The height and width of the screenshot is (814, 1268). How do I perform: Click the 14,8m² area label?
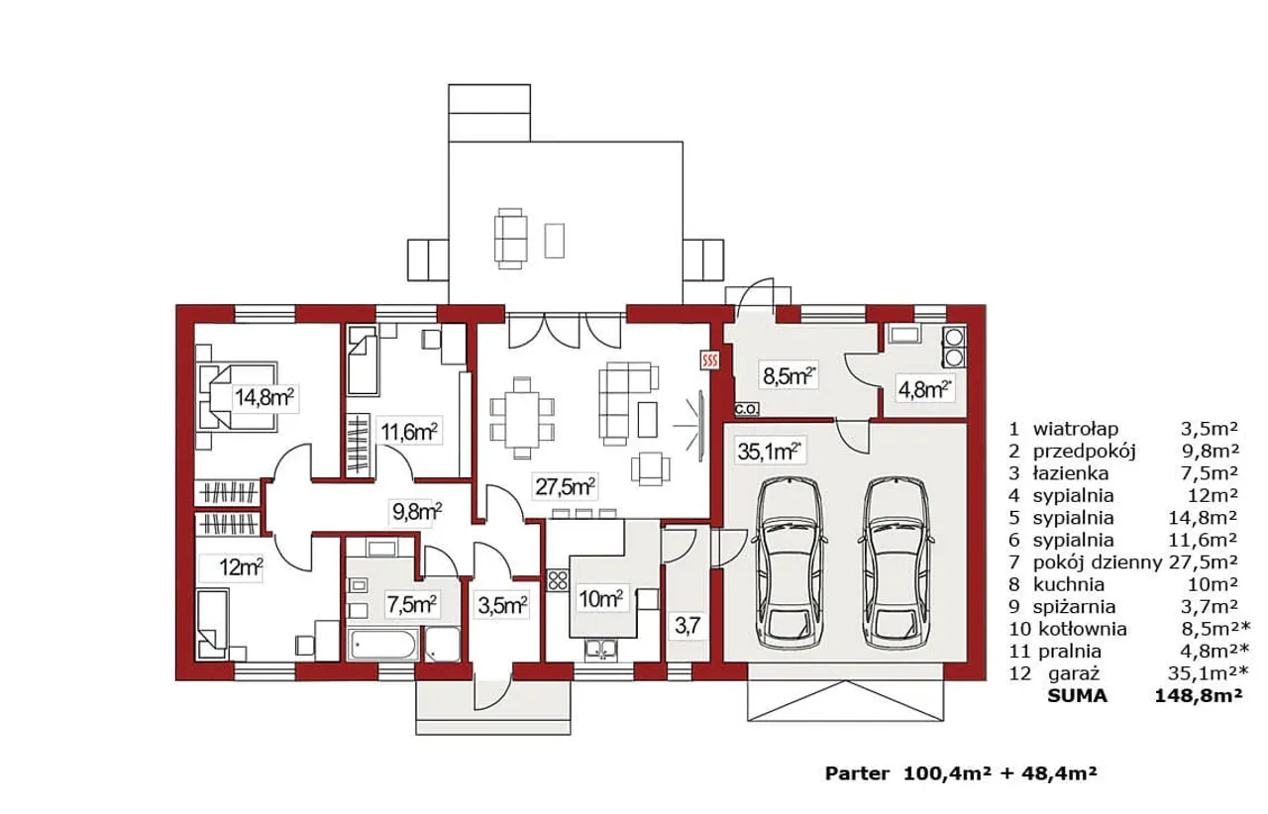tap(264, 397)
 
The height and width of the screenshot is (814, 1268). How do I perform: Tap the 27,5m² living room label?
tap(565, 486)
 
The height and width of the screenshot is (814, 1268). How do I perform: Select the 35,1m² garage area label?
tap(769, 452)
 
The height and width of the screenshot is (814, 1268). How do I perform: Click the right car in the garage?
tap(897, 563)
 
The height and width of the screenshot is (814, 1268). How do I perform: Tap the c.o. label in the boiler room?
tap(746, 408)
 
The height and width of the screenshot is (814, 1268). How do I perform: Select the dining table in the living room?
tap(521, 417)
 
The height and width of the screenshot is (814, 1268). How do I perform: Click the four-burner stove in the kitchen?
tap(558, 580)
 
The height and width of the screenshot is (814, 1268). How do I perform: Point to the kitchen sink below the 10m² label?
tap(601, 650)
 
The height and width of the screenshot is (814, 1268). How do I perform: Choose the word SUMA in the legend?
tap(1077, 696)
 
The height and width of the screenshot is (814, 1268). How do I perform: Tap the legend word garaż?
tap(1074, 674)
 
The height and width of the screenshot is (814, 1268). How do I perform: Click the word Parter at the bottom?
tap(857, 773)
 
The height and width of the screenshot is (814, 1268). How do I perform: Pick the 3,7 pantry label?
tap(687, 626)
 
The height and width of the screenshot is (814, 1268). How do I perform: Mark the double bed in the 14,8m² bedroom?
tap(236, 397)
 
